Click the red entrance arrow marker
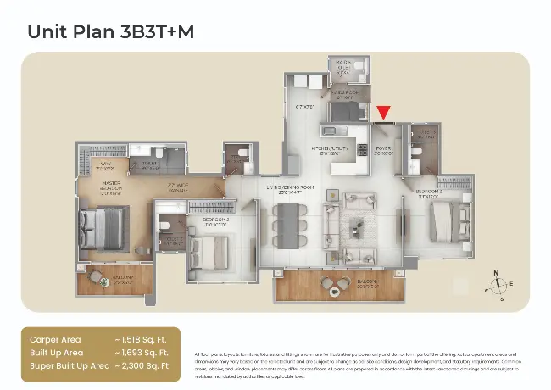tap(384, 112)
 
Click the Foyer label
tap(383, 149)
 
